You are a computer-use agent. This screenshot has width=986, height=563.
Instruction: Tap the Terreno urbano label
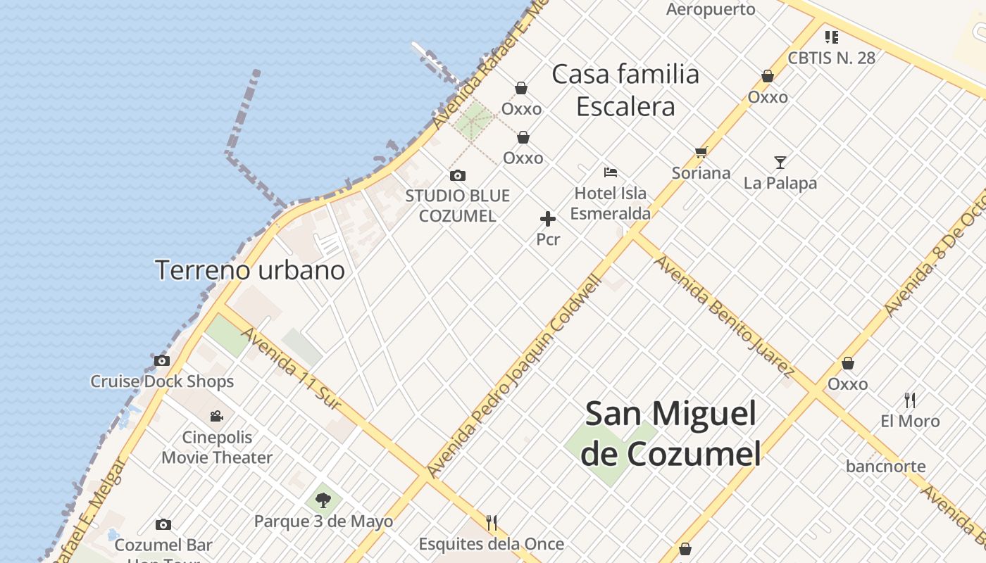coord(250,270)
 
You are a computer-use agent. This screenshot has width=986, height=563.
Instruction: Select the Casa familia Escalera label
coord(625,90)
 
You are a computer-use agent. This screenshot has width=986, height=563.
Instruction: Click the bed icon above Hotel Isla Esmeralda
coord(611,172)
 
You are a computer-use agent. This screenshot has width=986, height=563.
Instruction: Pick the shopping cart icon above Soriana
coord(701,152)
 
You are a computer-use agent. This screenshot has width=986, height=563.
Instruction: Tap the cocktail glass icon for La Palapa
coord(780,163)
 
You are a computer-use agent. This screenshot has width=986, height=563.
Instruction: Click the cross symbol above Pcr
coord(548,219)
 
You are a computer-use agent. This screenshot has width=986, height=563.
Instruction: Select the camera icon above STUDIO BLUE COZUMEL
coord(458,175)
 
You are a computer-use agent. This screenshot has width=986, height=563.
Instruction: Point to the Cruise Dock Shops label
coord(162,381)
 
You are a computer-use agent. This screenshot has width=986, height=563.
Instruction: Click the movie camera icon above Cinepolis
coord(217,416)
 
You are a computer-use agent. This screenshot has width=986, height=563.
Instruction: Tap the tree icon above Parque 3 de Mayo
coord(323,500)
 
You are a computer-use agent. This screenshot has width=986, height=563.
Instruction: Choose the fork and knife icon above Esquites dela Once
coord(492,522)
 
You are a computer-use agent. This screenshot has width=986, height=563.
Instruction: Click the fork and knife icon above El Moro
coord(910,400)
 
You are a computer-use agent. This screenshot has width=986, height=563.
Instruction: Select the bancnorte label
coord(886,466)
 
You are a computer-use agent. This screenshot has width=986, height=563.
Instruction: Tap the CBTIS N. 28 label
coord(831,58)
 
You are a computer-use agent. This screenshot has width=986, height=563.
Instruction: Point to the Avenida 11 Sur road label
coord(292,369)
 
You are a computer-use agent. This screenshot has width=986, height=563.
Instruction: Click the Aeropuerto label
coord(711,9)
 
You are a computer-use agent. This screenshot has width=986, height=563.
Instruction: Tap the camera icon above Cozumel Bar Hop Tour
coord(163,524)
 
